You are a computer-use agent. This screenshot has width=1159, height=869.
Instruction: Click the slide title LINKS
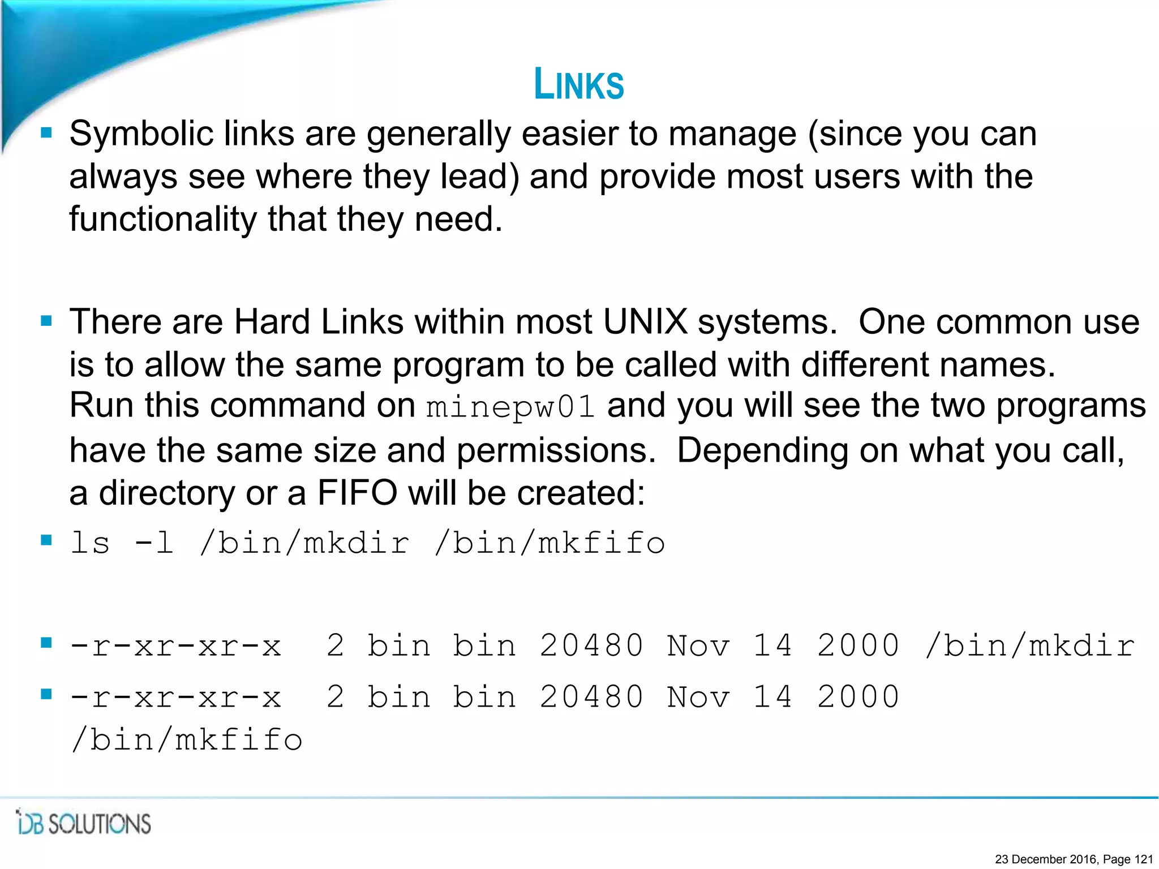click(579, 84)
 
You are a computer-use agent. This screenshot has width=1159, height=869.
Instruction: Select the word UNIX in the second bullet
click(645, 322)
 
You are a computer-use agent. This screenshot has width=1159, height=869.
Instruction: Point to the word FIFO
click(357, 493)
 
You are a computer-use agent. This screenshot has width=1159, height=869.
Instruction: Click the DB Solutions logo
click(84, 823)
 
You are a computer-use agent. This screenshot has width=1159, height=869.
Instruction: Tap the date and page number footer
click(1074, 859)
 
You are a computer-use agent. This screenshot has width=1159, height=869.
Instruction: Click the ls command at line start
click(90, 543)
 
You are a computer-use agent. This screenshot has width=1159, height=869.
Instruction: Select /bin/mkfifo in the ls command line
click(550, 543)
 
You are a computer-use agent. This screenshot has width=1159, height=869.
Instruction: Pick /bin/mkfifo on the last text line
click(187, 739)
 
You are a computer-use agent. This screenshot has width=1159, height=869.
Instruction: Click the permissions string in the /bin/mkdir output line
click(175, 646)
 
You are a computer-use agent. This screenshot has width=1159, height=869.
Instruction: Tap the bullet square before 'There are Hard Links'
click(46, 321)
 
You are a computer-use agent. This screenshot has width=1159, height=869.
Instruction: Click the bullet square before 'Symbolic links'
click(46, 134)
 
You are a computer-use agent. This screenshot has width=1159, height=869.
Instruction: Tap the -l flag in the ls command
click(154, 543)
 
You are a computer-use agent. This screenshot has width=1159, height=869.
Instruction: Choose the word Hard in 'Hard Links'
click(272, 322)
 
